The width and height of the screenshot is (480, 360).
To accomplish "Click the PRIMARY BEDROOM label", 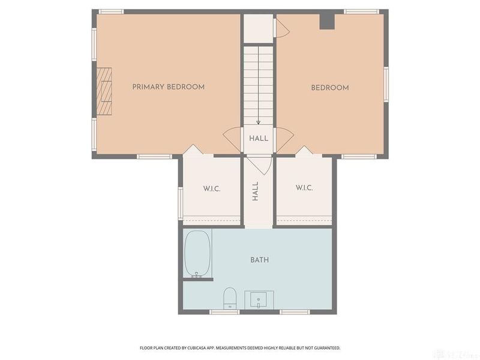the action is tap(169, 87).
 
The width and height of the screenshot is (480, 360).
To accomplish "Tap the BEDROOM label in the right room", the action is tap(330, 88).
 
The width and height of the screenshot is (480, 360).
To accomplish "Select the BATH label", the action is tap(260, 260).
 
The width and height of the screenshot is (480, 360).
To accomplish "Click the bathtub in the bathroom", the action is tap(198, 254).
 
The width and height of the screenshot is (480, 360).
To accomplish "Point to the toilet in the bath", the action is tap(230, 298).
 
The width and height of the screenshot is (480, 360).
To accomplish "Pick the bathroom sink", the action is tap(259, 299).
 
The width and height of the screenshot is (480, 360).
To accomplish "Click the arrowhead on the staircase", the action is tap(259, 122).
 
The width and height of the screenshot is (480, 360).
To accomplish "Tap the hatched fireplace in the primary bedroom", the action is tap(104, 91).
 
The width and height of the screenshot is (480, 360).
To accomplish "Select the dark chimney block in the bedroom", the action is tap(327, 22).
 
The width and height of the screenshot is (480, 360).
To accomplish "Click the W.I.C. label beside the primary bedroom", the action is tap(212, 188).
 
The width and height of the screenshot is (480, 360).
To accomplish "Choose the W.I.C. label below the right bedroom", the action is tap(304, 188).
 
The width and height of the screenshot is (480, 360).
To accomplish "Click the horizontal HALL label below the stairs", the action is tap(259, 139).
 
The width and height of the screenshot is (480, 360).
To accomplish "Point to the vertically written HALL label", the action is tap(256, 191).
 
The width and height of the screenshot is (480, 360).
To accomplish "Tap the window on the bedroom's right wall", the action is tap(386, 85).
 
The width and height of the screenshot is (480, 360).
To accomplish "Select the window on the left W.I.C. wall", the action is tap(181, 203).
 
